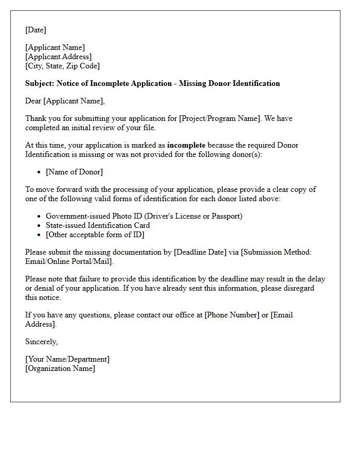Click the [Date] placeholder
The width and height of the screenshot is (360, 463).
click(x=35, y=30)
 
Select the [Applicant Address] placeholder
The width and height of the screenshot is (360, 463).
click(x=58, y=57)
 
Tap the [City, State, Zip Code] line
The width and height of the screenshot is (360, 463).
click(x=62, y=66)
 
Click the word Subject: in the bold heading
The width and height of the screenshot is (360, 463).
click(x=40, y=83)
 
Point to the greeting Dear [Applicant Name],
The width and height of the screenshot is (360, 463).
click(x=65, y=101)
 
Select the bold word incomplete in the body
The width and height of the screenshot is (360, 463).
click(x=186, y=145)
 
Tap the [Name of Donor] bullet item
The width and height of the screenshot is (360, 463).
click(x=74, y=172)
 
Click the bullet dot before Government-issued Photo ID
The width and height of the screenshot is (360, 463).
click(x=39, y=217)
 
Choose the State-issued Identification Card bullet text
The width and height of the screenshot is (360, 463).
click(x=98, y=225)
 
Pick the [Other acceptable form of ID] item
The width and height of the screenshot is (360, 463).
click(x=95, y=235)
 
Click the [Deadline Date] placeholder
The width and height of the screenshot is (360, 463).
click(x=200, y=252)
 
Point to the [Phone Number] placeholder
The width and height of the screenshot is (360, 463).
click(x=232, y=315)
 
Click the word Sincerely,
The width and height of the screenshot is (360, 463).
click(x=41, y=342)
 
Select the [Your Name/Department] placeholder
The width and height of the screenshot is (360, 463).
click(x=67, y=359)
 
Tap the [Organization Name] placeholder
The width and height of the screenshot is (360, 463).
click(x=60, y=368)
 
